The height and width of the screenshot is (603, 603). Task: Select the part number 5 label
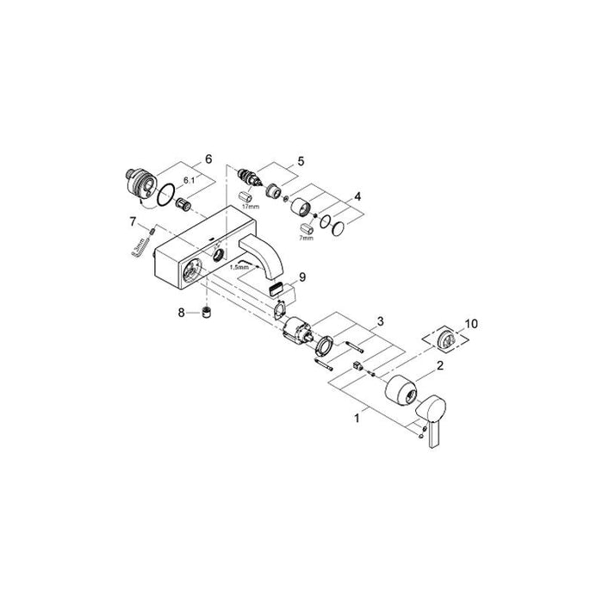[x=301, y=161]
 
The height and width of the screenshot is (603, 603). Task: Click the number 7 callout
[x=134, y=221]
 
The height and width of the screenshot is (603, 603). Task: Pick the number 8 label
[x=182, y=312]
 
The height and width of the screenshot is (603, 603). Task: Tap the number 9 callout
[x=301, y=277]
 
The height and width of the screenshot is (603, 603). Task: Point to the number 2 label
[x=440, y=366]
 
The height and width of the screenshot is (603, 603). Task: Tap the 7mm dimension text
[x=306, y=238]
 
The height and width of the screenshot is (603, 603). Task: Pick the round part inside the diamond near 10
[x=447, y=339]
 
